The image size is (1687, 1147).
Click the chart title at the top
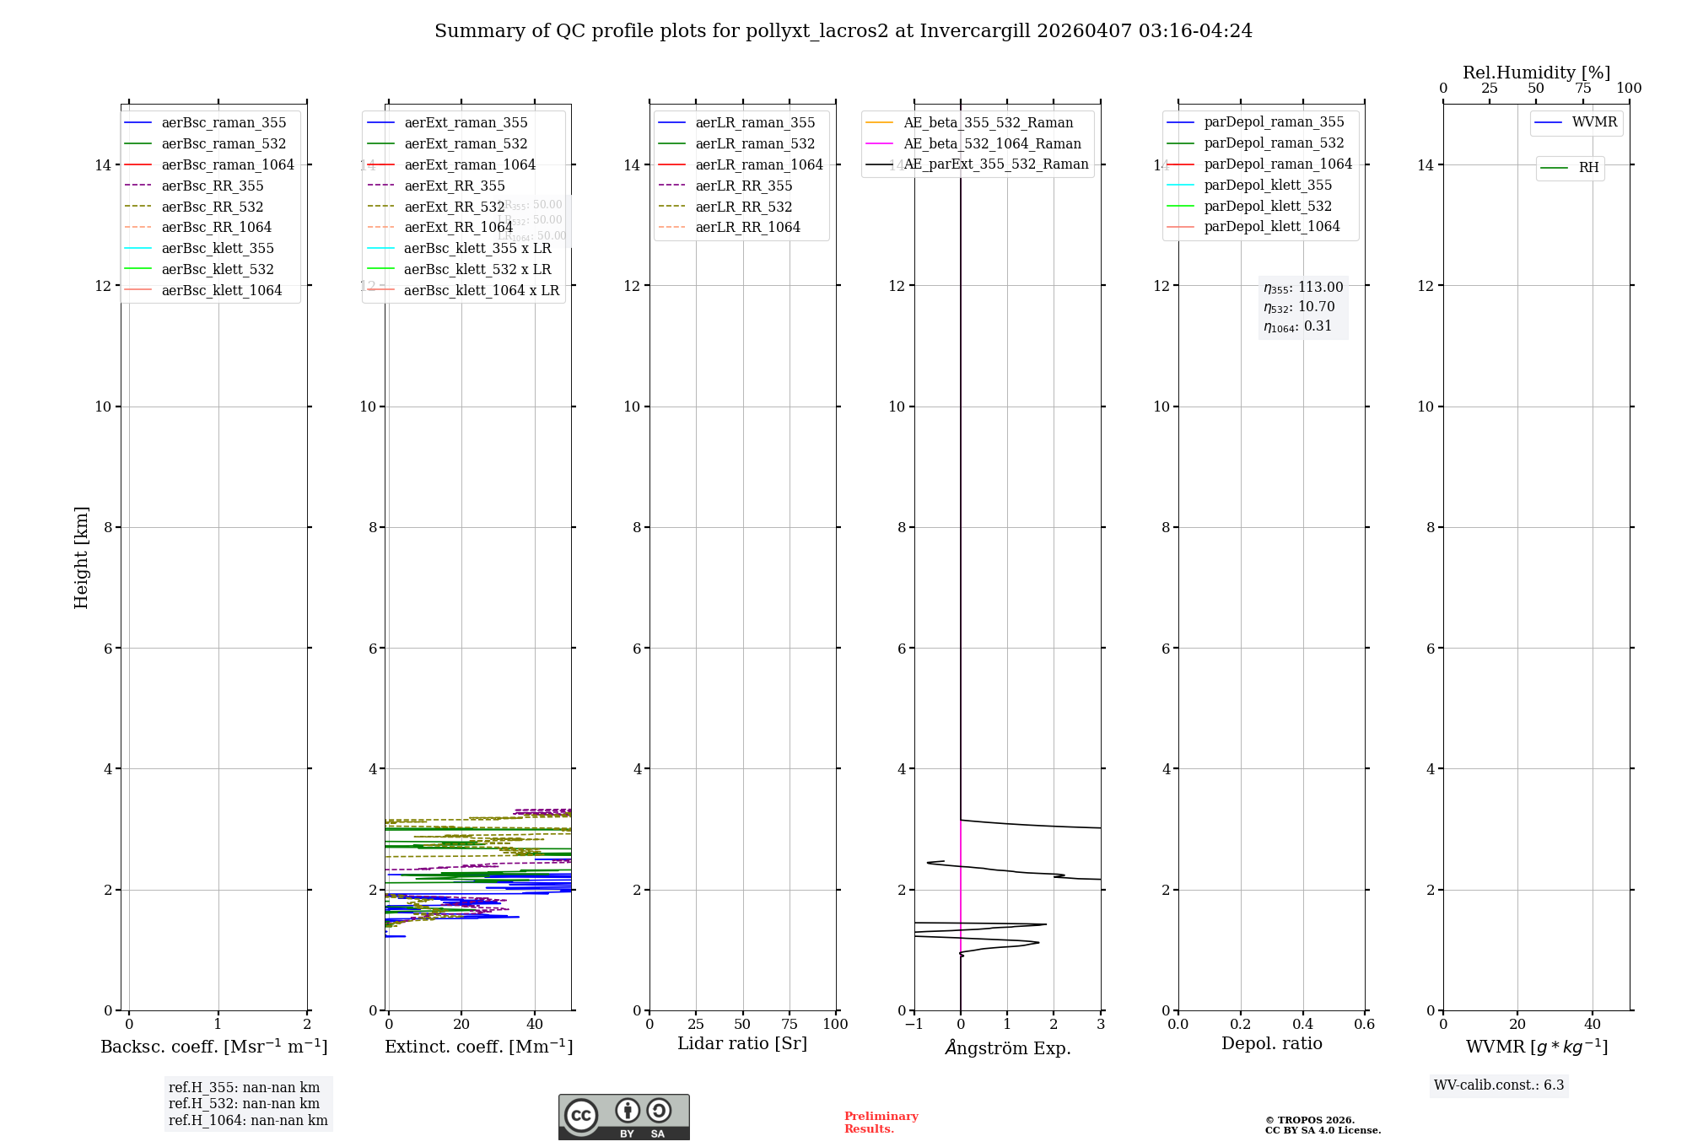[843, 31]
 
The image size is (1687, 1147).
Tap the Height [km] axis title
[81, 557]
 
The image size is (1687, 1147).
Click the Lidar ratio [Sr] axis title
[742, 1043]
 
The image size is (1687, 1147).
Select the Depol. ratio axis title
[1271, 1043]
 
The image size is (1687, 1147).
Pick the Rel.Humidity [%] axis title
[1536, 73]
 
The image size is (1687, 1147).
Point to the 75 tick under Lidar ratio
[790, 1024]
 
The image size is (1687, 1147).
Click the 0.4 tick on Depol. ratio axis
[1302, 1024]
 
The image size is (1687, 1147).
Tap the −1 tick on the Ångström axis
[914, 1024]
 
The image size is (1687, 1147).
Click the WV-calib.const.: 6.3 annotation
[1499, 1085]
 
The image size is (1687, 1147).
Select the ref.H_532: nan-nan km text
[244, 1103]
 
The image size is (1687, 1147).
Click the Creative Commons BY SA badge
[623, 1117]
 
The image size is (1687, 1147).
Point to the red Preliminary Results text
[881, 1123]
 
